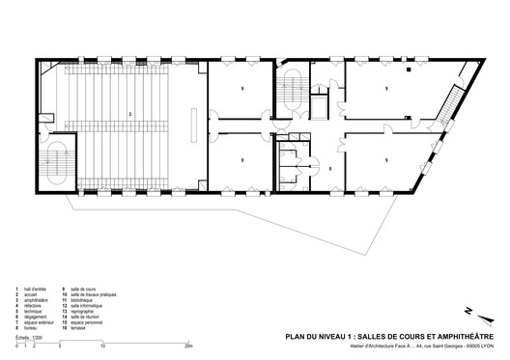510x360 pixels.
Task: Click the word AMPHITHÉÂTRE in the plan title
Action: point(465,337)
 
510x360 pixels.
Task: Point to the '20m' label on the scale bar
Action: point(189,345)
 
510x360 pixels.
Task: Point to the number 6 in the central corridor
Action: point(330,168)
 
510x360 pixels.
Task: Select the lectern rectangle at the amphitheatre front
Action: point(196,123)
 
